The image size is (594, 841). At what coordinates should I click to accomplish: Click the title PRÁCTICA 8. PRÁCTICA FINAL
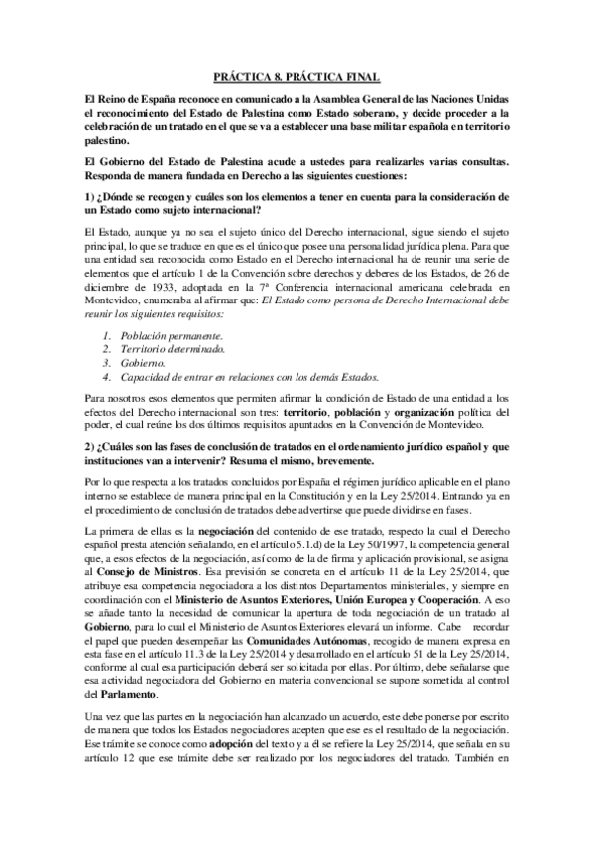pyautogui.click(x=297, y=76)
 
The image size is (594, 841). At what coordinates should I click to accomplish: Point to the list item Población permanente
pyautogui.click(x=161, y=337)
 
